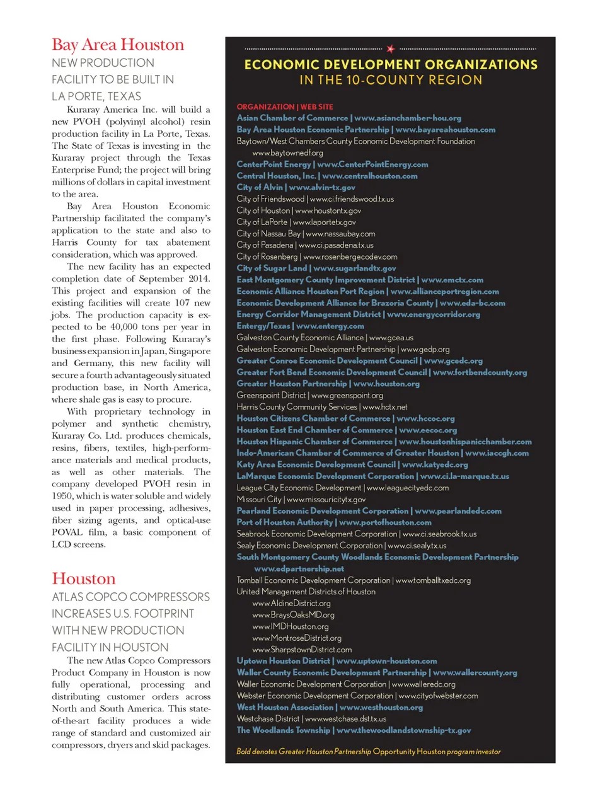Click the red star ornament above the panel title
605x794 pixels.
[x=391, y=49]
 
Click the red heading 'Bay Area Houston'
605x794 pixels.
[x=118, y=45]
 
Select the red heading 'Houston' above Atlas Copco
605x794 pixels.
[x=84, y=578]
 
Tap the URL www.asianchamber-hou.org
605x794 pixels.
[x=407, y=118]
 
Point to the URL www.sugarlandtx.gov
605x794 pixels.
[x=354, y=268]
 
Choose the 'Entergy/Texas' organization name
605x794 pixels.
[x=263, y=326]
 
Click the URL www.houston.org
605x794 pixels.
[x=386, y=384]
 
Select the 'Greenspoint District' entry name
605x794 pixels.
[x=271, y=395]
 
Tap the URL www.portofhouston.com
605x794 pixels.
[x=385, y=522]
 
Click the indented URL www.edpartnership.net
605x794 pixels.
[x=299, y=568]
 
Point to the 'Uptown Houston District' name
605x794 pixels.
[x=283, y=661]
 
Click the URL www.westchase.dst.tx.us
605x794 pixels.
[x=345, y=718]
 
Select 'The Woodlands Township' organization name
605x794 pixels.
[x=283, y=730]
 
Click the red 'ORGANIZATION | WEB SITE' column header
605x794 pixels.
[x=285, y=106]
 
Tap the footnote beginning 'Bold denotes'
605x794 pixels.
[x=368, y=751]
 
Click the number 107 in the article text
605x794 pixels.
[x=182, y=303]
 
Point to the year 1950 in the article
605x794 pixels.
[x=62, y=496]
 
